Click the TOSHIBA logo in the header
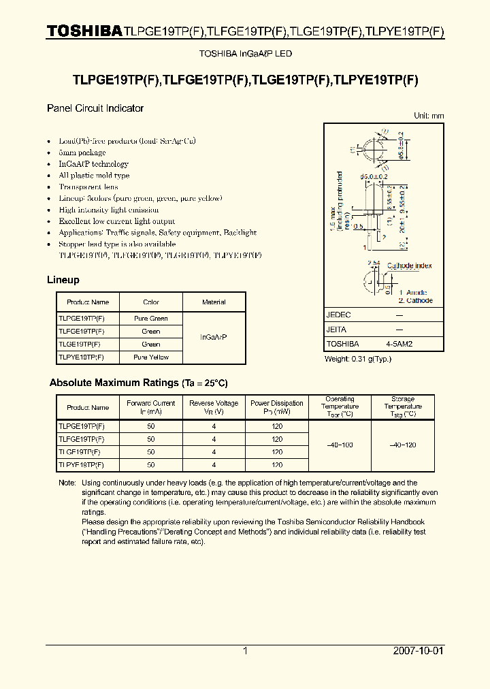pos(84,31)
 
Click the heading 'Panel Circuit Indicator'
pos(95,108)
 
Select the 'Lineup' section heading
pos(63,280)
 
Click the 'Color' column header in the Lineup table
pos(151,302)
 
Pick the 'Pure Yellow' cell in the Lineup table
pos(151,357)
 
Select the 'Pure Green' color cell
pos(151,319)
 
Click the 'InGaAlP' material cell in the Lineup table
pos(214,338)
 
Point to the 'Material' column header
pos(214,302)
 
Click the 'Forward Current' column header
pos(150,407)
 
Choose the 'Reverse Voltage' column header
pos(214,407)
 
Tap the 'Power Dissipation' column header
pos(277,407)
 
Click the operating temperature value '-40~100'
pos(339,445)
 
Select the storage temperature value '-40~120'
pos(403,445)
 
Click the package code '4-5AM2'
pos(399,344)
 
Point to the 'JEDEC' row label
pos(338,315)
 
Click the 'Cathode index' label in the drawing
pos(409,266)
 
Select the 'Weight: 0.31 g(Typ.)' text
pos(358,359)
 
